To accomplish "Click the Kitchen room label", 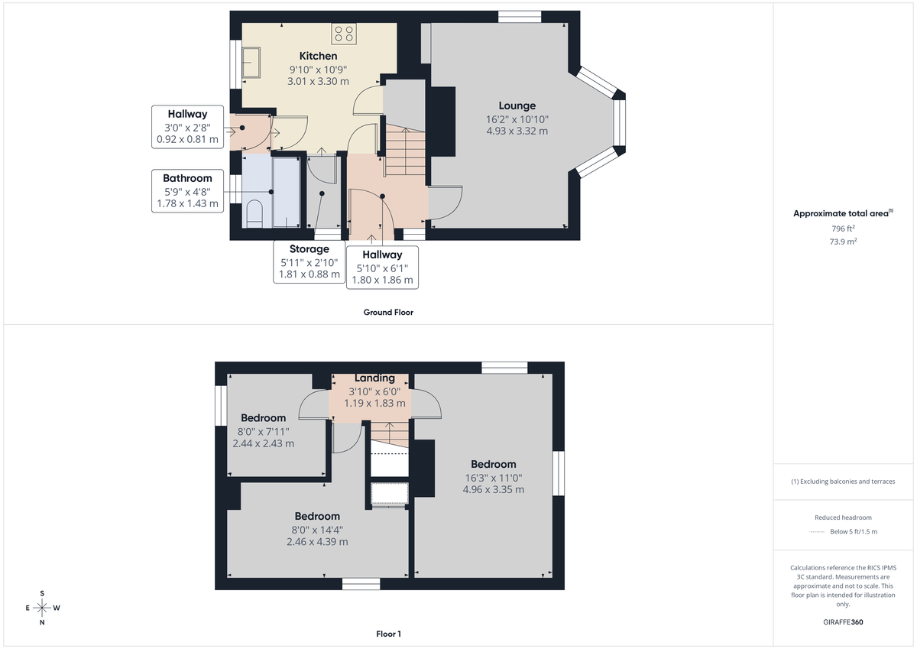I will (x=318, y=56).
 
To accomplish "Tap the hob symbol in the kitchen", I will (x=343, y=34).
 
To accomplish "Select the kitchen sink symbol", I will (x=251, y=62).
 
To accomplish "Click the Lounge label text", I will (x=517, y=105).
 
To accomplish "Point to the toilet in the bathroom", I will (x=254, y=214).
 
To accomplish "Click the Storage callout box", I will (x=309, y=261).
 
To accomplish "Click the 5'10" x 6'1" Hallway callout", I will (x=382, y=267).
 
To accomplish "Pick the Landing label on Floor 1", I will (x=374, y=378).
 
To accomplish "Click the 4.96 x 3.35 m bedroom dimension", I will (x=493, y=489).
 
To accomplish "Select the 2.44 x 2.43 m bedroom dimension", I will (x=263, y=443).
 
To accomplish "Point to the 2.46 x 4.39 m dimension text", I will (x=317, y=542).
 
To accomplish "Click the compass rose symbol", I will (x=42, y=608).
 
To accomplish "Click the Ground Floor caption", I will (x=388, y=312).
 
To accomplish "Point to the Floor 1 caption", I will (x=388, y=634).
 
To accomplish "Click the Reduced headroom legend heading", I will (x=843, y=518).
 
